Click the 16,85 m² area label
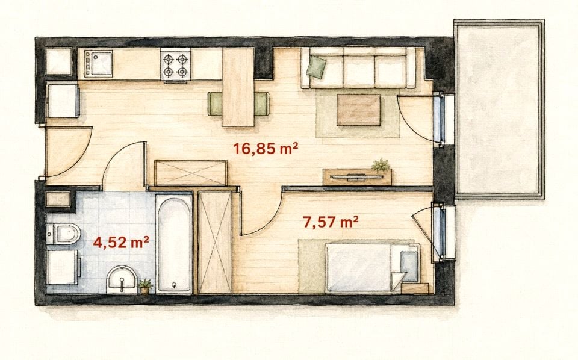click(266, 149)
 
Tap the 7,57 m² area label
click(331, 222)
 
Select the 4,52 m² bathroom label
click(121, 243)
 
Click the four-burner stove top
click(175, 64)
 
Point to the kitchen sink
click(98, 63)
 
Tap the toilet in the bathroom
click(63, 234)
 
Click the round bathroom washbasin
click(122, 280)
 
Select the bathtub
click(174, 244)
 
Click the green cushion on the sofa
click(317, 67)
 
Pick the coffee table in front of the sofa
click(358, 110)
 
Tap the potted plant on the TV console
click(381, 166)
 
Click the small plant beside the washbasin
click(145, 287)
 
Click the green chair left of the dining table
click(215, 104)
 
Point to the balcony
click(499, 110)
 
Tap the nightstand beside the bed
click(415, 288)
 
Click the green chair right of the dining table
click(261, 104)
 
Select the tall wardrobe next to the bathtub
click(215, 243)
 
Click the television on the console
click(356, 177)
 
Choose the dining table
click(238, 87)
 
